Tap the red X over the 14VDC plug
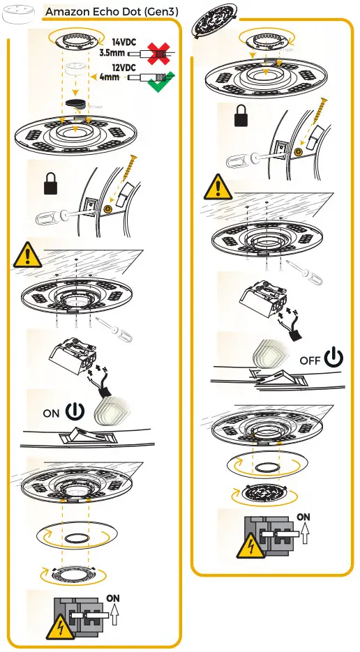pos(157,52)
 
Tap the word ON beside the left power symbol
pos(51,413)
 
